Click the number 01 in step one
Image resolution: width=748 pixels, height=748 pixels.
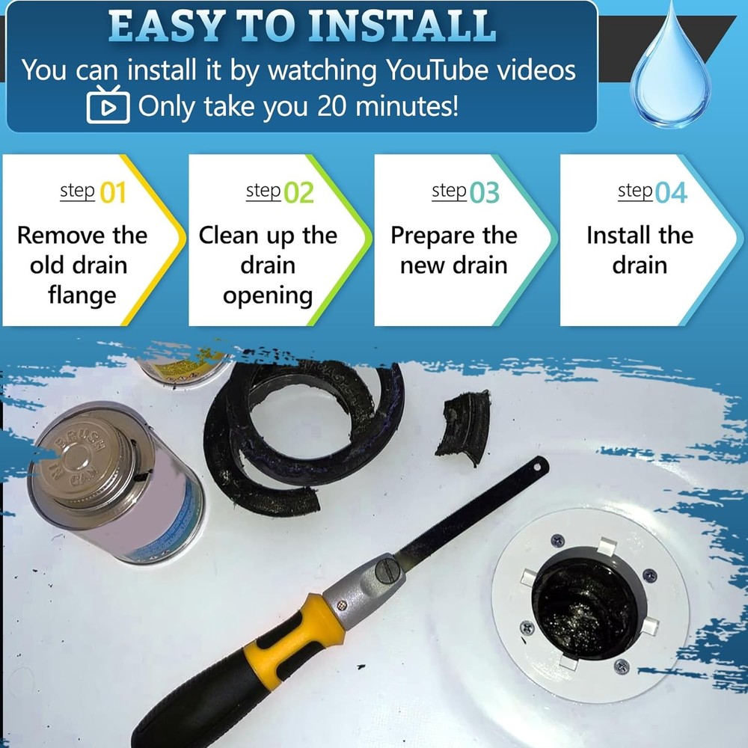(113, 193)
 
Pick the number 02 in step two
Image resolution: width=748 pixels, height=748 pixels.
(299, 193)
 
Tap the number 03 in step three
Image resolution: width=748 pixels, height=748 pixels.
(485, 193)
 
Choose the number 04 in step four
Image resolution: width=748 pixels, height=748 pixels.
(671, 193)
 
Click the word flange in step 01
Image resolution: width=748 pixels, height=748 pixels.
(82, 295)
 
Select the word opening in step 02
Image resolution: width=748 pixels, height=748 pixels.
(268, 295)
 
